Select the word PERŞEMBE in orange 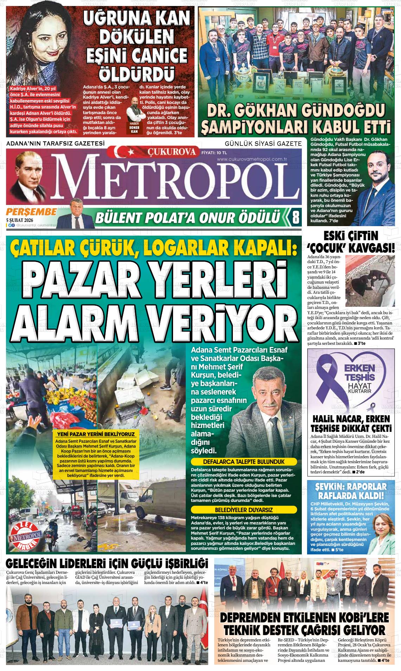(x=31, y=212)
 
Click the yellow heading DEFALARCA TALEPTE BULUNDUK (x=243, y=461)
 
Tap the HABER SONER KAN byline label (x=134, y=128)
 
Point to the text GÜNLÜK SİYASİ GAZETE (x=263, y=143)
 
